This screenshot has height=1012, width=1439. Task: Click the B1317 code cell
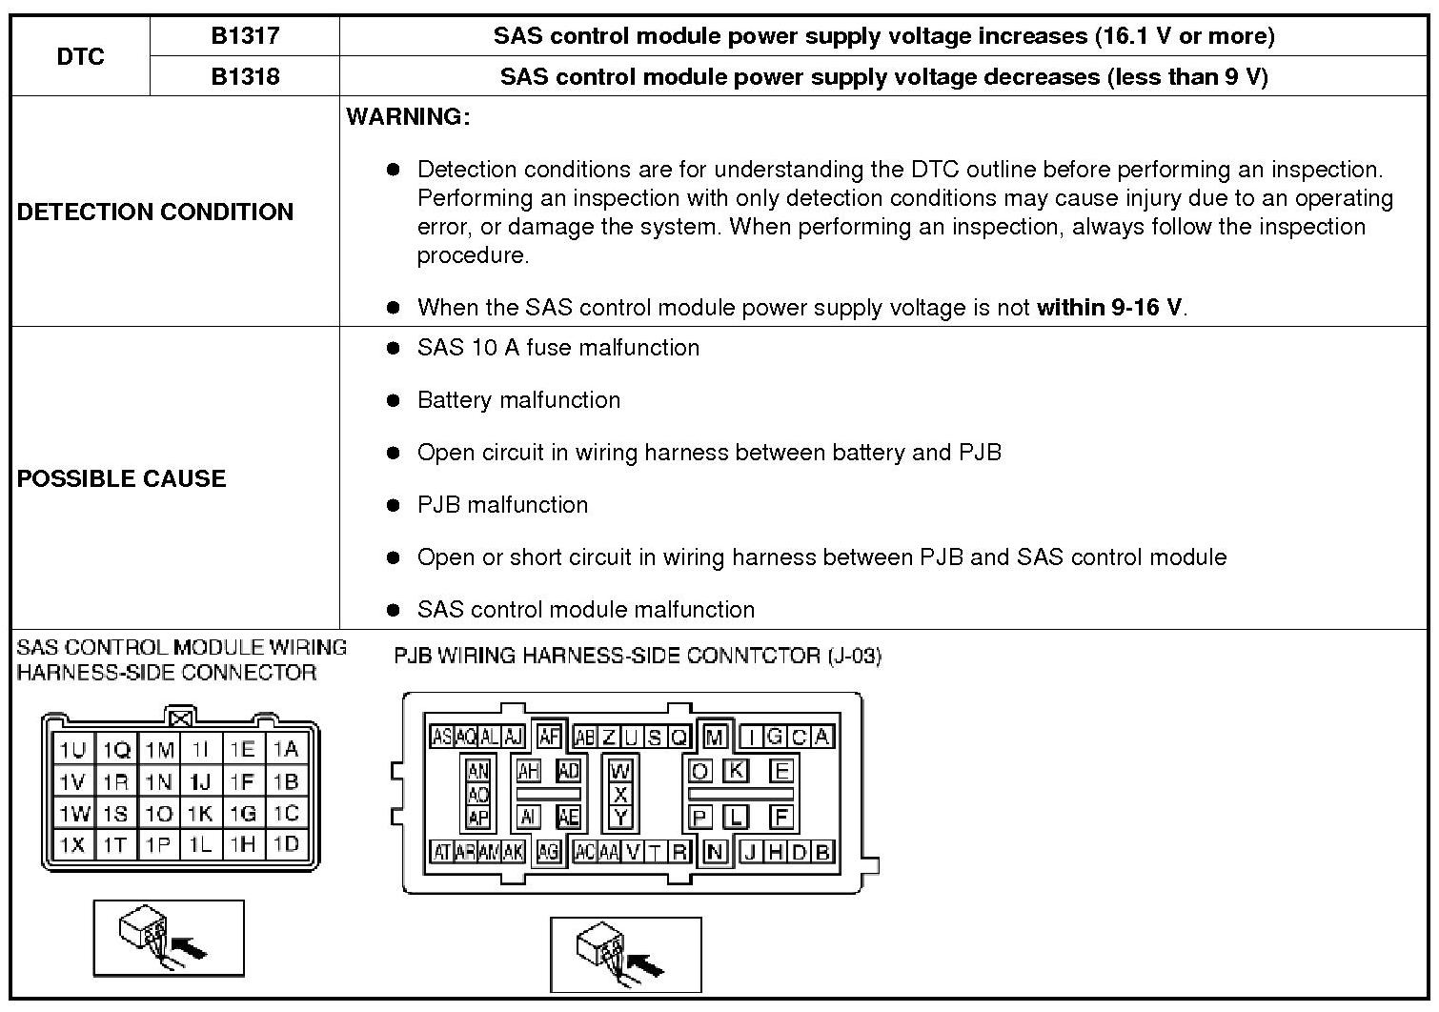pos(245,36)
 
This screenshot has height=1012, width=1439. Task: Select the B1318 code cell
pos(245,76)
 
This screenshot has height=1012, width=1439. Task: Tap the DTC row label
pos(80,56)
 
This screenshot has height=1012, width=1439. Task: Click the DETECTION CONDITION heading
pos(155,212)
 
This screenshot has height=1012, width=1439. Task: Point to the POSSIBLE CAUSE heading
pos(121,478)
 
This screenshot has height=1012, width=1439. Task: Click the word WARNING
pos(408,117)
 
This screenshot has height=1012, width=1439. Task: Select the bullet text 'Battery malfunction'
pos(518,400)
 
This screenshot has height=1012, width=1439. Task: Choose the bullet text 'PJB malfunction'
pos(502,505)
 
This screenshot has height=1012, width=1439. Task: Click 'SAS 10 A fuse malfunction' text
pos(557,348)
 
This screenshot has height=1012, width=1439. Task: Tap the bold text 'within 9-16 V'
pos(1109,308)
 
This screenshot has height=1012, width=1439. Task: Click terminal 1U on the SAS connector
pos(72,750)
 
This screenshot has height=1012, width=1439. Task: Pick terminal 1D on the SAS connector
pos(286,844)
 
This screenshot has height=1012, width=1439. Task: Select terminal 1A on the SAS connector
pos(286,750)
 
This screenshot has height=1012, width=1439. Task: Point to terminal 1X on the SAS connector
pos(72,844)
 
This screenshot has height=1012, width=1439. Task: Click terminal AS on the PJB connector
pos(442,737)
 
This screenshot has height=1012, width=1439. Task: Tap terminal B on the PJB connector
pos(822,852)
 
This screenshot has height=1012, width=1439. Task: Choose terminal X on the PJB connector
pos(620,794)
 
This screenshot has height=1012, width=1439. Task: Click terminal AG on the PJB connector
pos(548,853)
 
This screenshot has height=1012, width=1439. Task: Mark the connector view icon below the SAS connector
pos(169,938)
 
